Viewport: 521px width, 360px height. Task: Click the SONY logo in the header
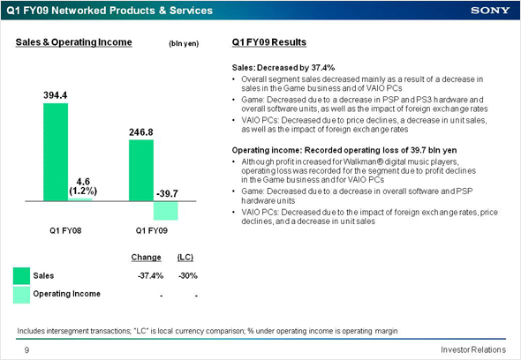[x=490, y=11]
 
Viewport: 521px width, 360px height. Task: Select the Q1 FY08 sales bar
[x=56, y=152]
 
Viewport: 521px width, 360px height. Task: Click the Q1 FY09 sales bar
[x=141, y=170]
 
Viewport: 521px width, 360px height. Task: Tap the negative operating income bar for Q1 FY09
[x=165, y=211]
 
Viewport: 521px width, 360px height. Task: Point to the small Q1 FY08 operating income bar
[x=80, y=199]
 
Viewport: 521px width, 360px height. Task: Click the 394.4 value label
[x=55, y=95]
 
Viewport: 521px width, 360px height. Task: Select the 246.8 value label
[x=141, y=132]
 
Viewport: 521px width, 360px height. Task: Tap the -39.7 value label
[x=167, y=193]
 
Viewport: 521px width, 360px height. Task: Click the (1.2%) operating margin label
[x=83, y=191]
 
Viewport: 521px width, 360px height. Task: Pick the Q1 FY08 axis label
[x=65, y=230]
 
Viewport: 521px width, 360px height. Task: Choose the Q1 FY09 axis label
[x=152, y=230]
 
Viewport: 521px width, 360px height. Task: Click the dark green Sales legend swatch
[x=21, y=276]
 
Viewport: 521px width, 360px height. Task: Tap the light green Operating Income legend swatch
[x=21, y=295]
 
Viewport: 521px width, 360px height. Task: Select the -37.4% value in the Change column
[x=150, y=275]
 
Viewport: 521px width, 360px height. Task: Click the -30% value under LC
[x=188, y=275]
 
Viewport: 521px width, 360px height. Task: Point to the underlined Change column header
[x=147, y=258]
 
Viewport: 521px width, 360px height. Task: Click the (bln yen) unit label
[x=184, y=43]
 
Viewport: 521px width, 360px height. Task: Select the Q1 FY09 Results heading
[x=269, y=42]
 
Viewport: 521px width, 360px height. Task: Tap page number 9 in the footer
[x=26, y=349]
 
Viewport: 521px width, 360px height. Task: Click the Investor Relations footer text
[x=473, y=349]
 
